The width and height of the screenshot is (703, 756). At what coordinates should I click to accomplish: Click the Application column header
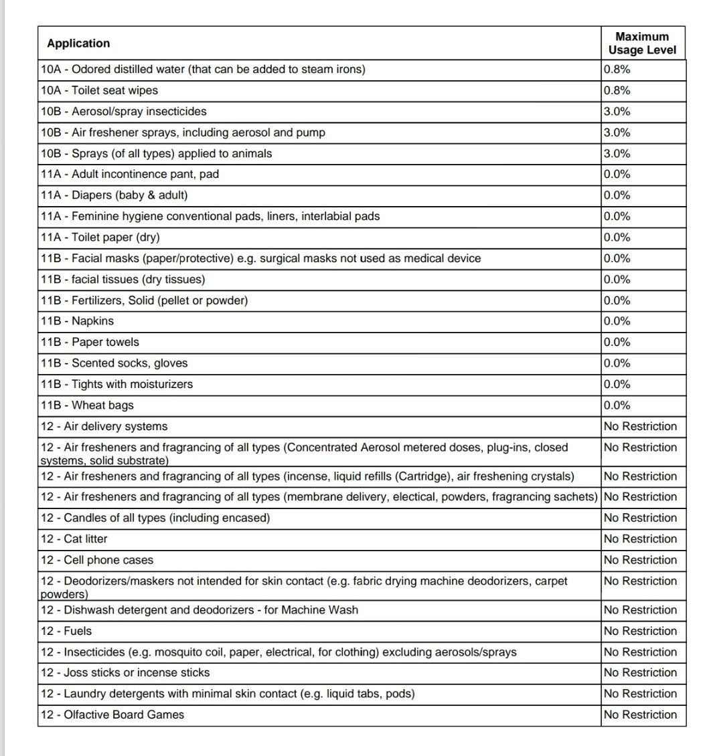tap(78, 43)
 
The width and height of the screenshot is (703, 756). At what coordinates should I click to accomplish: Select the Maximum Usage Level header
tap(642, 43)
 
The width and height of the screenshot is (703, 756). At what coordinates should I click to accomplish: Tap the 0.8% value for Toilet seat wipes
tap(617, 90)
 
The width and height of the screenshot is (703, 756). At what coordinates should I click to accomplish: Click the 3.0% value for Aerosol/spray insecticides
tap(617, 112)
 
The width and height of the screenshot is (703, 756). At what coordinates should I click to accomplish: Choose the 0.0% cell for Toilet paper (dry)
tap(617, 238)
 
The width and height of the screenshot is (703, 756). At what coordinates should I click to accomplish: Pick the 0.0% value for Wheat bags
tap(617, 405)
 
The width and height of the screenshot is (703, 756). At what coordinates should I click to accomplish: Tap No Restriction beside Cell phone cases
tap(640, 560)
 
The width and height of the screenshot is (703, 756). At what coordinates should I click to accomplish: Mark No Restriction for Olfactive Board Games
tap(640, 715)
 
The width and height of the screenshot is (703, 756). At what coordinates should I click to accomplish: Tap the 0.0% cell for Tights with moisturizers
tap(617, 384)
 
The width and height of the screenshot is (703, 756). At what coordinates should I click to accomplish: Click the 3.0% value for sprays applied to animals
tap(617, 153)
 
